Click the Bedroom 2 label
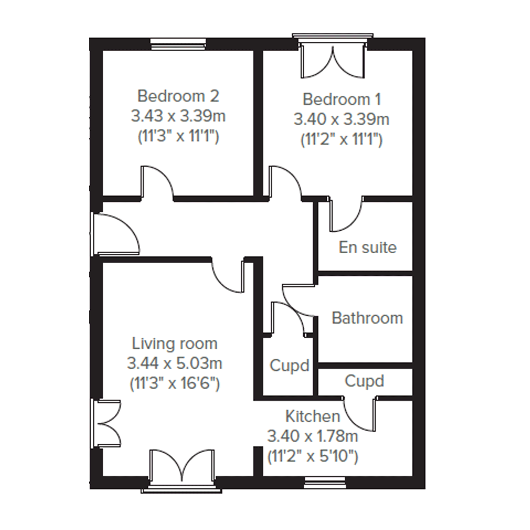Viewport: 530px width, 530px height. click(178, 96)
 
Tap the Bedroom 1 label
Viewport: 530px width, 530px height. click(342, 99)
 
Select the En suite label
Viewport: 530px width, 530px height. click(368, 247)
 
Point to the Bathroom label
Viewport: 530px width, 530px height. click(367, 318)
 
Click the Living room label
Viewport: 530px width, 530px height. click(175, 344)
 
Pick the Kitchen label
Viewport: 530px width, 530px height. click(313, 416)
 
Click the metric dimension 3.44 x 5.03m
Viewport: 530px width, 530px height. click(175, 364)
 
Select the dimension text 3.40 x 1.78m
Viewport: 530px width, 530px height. click(313, 437)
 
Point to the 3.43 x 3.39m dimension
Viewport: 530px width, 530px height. click(178, 116)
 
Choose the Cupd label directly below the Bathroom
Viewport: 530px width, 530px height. click(364, 381)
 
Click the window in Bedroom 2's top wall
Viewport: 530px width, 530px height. click(178, 44)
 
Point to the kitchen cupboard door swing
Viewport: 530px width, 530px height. click(360, 415)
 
